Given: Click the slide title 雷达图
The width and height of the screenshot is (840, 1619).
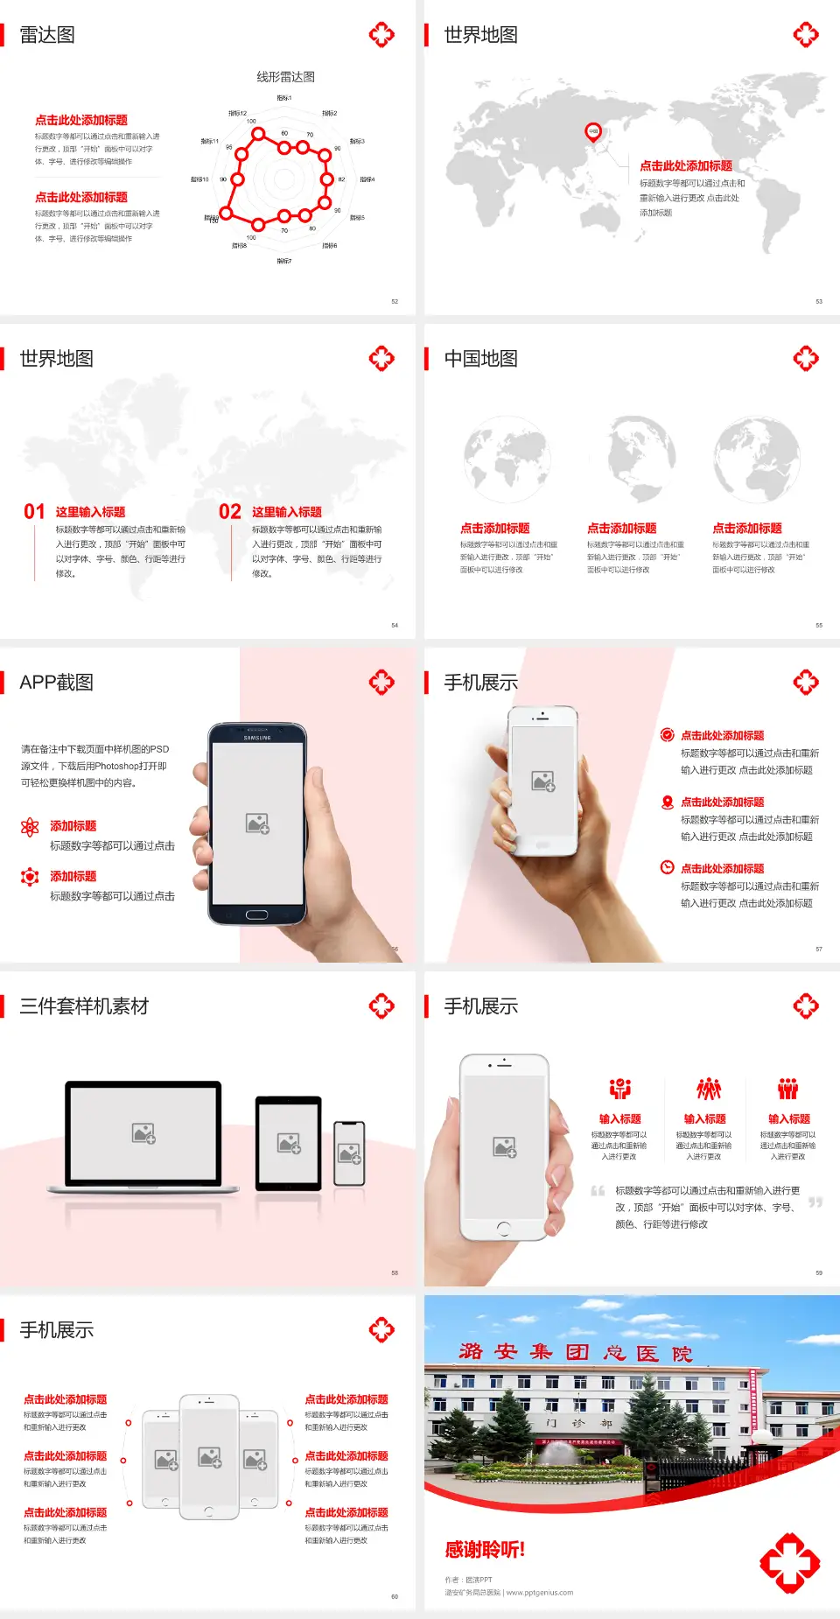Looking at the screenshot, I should pos(47,35).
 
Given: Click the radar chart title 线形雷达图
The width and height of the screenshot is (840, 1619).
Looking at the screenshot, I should pos(285,77).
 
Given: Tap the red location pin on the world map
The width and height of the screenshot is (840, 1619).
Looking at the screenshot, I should pos(593,132).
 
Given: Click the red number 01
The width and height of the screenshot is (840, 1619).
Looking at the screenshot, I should pos(34,512).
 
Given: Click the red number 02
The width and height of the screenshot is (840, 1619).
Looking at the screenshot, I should pos(230,512).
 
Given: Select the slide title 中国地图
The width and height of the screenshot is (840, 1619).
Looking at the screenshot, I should pos(480,359).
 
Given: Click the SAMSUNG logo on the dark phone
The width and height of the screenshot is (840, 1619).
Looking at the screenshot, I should pos(257,738).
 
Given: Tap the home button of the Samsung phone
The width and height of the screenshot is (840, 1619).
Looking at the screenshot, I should pos(256,915).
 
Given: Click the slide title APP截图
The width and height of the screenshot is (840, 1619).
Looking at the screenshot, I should pos(56,683).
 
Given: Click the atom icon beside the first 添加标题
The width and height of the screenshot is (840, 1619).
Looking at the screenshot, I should pos(30,827).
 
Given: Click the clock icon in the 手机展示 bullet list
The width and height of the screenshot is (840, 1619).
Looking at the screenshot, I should pos(667,867).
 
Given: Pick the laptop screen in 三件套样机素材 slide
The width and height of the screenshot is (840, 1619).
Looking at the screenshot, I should pos(143,1132).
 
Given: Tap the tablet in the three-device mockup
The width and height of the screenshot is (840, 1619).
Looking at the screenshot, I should pos(289,1142).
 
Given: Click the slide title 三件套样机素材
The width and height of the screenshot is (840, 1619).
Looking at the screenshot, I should pos(84,1006).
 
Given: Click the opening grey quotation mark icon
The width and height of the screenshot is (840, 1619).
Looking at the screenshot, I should pos(598,1191).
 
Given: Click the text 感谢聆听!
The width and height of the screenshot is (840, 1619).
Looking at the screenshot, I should pos(485,1550).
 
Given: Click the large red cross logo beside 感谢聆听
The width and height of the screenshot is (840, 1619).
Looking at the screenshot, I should pos(789,1562).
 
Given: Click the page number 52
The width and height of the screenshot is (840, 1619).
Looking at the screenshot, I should pos(395,302).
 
